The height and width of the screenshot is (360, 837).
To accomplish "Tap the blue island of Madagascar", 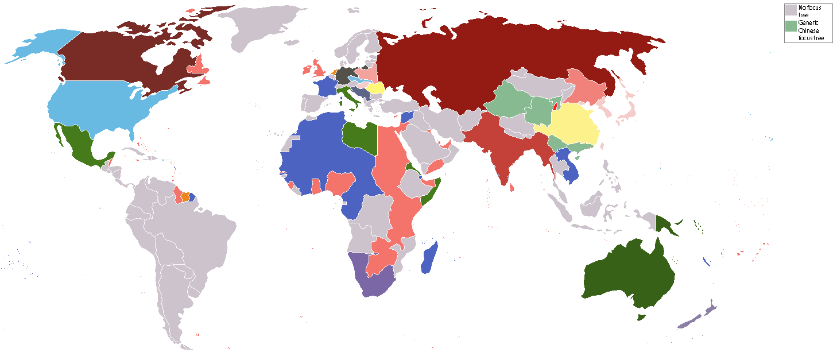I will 429,259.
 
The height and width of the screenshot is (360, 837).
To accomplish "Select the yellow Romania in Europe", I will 376,88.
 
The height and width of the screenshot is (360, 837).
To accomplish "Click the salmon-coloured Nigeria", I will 341,184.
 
